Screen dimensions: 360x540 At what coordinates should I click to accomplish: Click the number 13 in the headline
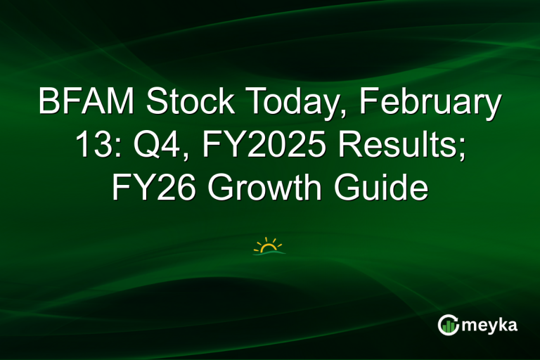[x=89, y=146]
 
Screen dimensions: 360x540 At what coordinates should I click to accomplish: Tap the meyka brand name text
[x=488, y=325]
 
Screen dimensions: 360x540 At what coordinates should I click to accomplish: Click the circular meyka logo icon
[x=448, y=324]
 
